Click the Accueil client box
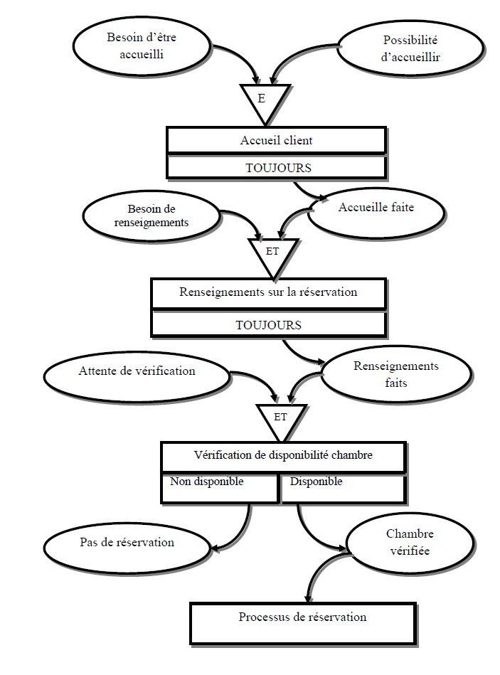276,140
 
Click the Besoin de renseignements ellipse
151,216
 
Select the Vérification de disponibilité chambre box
283,456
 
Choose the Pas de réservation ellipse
128,543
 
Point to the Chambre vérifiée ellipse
409,543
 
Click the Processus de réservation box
302,617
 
